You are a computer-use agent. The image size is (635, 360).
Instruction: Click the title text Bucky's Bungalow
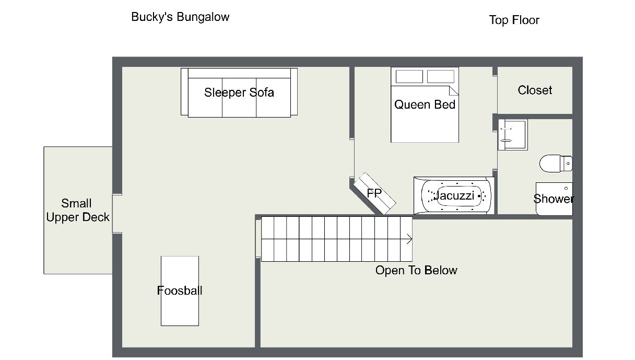[180, 17]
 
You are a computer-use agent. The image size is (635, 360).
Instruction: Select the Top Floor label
[514, 20]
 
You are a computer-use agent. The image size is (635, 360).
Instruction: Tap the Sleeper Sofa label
[239, 92]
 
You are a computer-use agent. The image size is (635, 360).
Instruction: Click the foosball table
[180, 291]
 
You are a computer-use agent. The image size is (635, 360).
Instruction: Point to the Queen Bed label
[425, 104]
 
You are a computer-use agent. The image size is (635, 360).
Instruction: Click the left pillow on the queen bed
[409, 76]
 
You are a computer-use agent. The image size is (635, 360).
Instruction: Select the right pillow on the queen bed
[440, 76]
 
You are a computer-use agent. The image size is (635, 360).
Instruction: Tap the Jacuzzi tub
[453, 196]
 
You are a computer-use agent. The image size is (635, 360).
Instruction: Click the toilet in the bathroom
[555, 163]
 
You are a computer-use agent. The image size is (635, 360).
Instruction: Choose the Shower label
[553, 199]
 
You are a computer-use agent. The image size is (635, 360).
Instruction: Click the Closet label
[535, 90]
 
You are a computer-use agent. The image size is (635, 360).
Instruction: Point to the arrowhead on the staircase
[410, 239]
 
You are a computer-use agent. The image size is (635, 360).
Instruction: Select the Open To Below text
[416, 270]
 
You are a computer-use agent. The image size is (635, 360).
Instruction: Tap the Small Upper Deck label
[78, 210]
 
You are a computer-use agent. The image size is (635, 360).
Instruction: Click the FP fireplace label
[374, 193]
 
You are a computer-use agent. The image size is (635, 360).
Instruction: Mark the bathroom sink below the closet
[512, 134]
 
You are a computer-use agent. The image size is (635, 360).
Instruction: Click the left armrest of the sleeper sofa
[184, 91]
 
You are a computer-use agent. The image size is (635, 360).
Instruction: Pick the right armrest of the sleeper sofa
[294, 91]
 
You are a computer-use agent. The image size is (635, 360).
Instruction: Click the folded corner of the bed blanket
[453, 91]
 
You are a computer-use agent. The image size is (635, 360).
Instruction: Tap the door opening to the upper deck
[117, 214]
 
